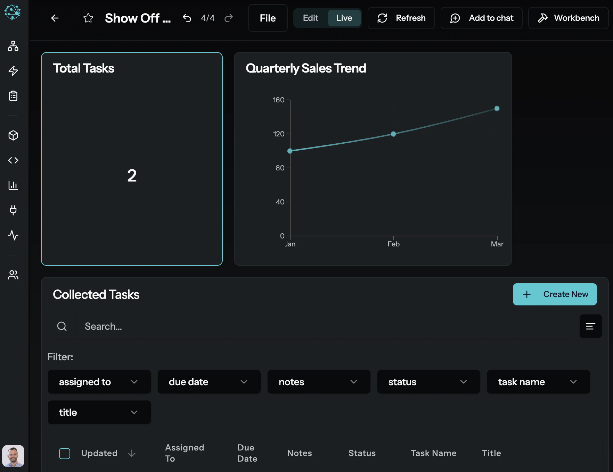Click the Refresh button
[x=401, y=18]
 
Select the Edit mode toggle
[x=310, y=18]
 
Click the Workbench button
[x=568, y=18]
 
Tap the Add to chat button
[x=481, y=18]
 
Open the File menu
[x=268, y=18]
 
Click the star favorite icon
[x=88, y=18]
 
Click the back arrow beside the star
[x=55, y=18]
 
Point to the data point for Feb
[x=393, y=134]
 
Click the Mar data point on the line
[x=497, y=109]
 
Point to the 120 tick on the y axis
[x=279, y=134]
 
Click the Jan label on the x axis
[x=290, y=244]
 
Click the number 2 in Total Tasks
[x=132, y=176]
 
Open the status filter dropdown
[x=428, y=382]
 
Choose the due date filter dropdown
[x=209, y=382]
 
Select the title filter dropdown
[x=99, y=412]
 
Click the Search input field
[x=323, y=326]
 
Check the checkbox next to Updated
[x=65, y=453]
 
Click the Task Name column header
[x=433, y=453]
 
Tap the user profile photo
[x=13, y=456]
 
